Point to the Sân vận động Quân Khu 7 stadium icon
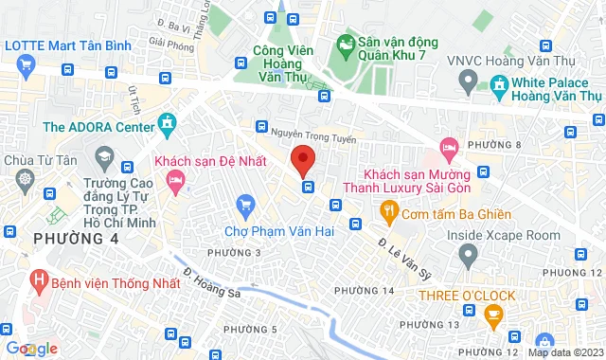346,43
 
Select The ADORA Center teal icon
169,122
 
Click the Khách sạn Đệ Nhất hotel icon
174,178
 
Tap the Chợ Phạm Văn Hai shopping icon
246,204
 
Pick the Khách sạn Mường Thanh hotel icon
448,148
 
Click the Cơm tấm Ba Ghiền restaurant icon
386,209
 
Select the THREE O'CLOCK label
468,296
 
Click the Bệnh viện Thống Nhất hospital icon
39,280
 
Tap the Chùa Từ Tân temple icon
24,178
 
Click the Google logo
31,349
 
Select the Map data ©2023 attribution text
565,353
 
